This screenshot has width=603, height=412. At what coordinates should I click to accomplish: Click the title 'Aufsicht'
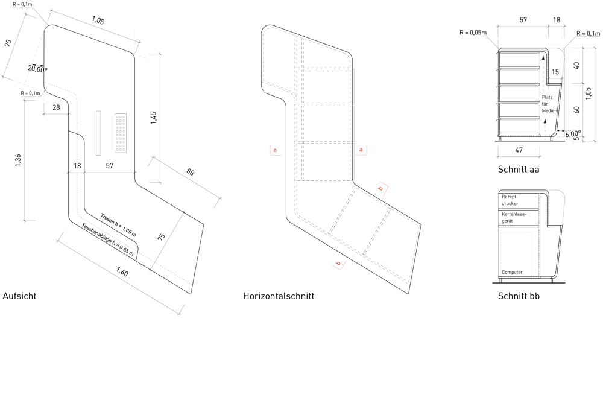click(19, 296)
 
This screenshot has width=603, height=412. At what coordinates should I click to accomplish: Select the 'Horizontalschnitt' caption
click(279, 296)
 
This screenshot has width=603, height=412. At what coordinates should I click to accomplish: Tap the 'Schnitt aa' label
click(519, 170)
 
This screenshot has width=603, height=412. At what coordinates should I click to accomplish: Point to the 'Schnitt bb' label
click(519, 296)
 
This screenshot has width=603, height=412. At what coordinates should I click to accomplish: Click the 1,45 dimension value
click(153, 118)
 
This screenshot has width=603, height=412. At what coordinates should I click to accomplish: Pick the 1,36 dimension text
click(18, 160)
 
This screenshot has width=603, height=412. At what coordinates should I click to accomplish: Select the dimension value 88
click(191, 171)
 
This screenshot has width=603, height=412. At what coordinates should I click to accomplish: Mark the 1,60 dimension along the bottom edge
click(122, 272)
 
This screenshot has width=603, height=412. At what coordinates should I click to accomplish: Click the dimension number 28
click(56, 107)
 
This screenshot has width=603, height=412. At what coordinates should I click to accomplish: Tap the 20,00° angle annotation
click(37, 69)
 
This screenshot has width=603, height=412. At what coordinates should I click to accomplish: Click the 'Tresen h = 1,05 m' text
click(118, 224)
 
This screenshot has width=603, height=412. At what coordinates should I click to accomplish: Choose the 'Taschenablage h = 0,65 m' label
click(108, 239)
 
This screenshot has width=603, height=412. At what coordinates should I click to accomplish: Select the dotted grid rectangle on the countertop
click(121, 133)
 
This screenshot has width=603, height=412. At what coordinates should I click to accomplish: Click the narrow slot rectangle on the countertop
click(98, 133)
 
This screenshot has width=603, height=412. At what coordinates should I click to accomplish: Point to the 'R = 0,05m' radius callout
click(473, 33)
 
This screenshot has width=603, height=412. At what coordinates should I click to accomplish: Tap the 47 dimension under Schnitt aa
click(519, 150)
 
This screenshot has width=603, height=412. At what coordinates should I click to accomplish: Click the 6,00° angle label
click(573, 135)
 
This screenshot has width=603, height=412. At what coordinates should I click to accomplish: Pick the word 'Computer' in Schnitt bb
click(512, 272)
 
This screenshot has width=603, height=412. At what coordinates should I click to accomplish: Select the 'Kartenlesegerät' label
click(514, 217)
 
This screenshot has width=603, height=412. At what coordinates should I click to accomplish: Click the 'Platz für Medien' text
click(549, 104)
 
